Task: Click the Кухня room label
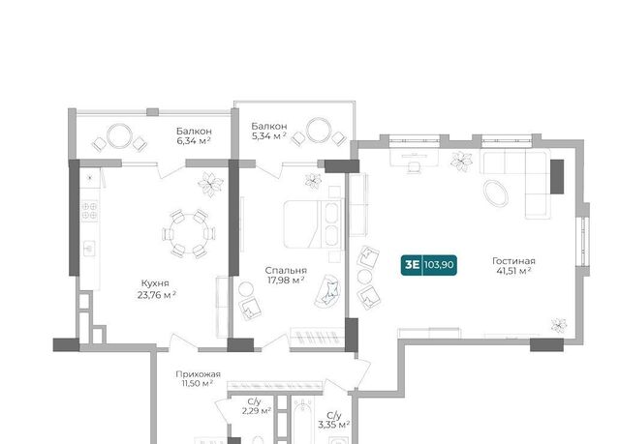click(x=155, y=283)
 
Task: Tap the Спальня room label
click(x=286, y=270)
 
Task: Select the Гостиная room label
click(x=513, y=261)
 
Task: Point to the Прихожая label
click(x=198, y=373)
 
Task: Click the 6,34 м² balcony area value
click(x=194, y=140)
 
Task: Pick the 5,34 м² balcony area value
click(x=269, y=136)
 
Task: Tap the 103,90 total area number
click(x=439, y=264)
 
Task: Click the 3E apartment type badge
click(x=412, y=264)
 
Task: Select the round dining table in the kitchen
click(x=188, y=234)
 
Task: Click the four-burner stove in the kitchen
click(x=89, y=210)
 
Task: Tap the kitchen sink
click(x=89, y=249)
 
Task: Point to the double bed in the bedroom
click(x=312, y=224)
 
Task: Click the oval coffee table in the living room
click(x=495, y=193)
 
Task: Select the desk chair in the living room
click(x=414, y=167)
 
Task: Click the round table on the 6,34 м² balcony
click(x=119, y=136)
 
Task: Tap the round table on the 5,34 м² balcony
click(x=319, y=130)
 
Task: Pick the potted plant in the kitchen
click(x=211, y=185)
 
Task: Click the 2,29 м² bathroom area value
click(x=256, y=411)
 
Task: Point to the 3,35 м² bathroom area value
click(x=333, y=425)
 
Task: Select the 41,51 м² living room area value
click(x=513, y=271)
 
